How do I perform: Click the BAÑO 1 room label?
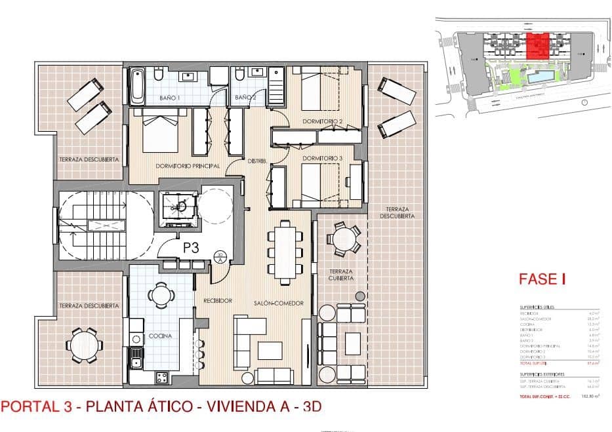click(x=169, y=98)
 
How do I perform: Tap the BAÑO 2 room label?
click(x=245, y=98)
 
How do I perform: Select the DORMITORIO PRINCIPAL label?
click(x=188, y=167)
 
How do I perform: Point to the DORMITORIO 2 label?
click(x=323, y=122)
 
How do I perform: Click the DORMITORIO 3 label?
click(x=323, y=158)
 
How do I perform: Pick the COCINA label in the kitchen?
click(x=159, y=336)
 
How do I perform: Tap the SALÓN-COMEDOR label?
click(x=279, y=303)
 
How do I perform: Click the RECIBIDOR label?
click(x=218, y=301)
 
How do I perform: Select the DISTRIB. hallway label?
click(x=256, y=161)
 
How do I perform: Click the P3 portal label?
click(x=192, y=248)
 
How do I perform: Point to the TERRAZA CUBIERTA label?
click(x=341, y=274)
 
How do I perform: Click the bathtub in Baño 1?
click(x=138, y=86)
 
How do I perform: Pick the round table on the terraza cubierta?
click(x=344, y=239)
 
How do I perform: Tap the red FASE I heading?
click(x=542, y=279)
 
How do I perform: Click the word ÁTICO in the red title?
click(x=171, y=406)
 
